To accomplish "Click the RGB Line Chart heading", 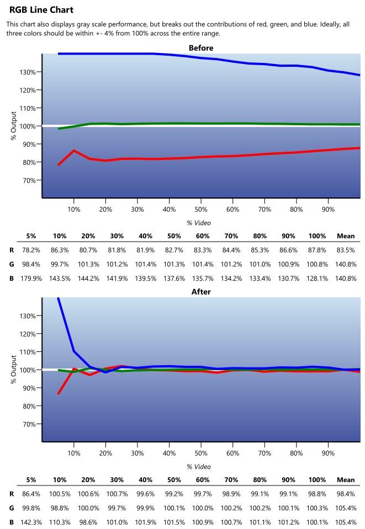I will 41,10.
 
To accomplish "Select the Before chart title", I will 201,48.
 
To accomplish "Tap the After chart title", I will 201,291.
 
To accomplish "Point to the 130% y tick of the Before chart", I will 28,72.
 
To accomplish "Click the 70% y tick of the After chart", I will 28,424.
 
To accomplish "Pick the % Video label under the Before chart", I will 199,223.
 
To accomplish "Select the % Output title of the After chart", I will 14,370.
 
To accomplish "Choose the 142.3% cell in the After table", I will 31,522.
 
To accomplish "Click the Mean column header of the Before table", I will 346,236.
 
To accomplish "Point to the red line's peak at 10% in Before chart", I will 74,150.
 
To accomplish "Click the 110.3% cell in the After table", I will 60,522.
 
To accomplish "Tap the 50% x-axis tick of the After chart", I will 201,453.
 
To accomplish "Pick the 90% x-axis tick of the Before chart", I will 328,209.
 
